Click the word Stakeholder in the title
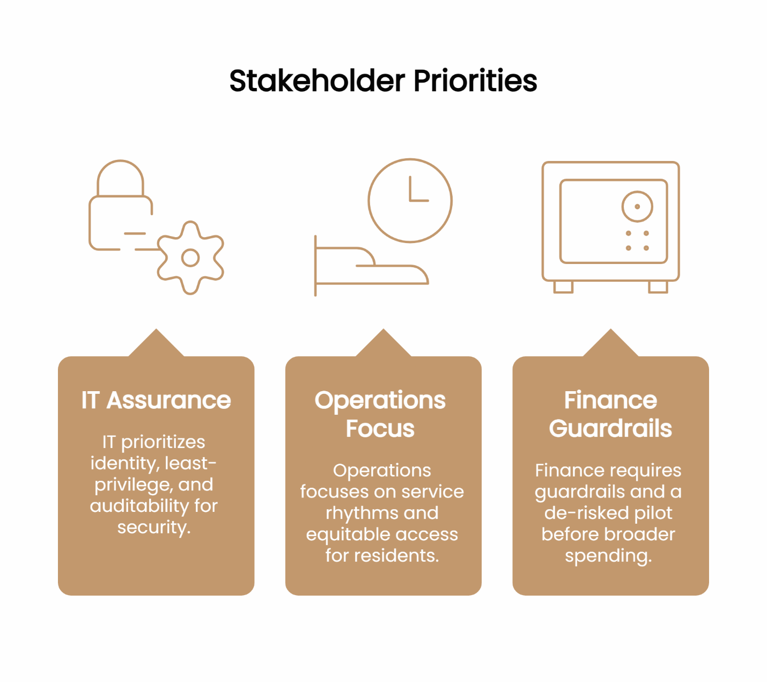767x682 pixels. pos(317,81)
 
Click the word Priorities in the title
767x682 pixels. pos(475,81)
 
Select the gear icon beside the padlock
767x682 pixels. pos(190,258)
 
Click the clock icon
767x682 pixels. pos(410,200)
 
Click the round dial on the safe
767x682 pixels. pos(637,207)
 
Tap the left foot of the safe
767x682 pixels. pos(563,287)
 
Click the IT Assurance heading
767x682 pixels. pos(156,400)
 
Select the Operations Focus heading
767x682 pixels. pos(380,414)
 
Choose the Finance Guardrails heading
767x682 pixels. pos(610,414)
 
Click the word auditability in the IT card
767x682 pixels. pos(139,505)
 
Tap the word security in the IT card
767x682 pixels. pos(153,527)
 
